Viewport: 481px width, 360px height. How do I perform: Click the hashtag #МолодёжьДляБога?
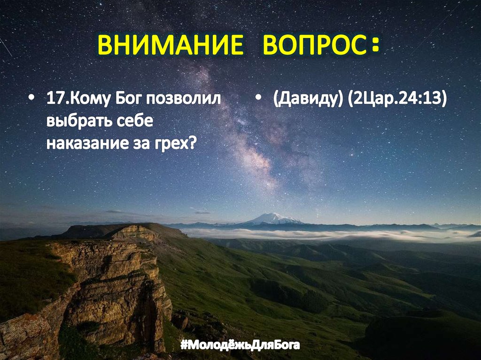240,346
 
